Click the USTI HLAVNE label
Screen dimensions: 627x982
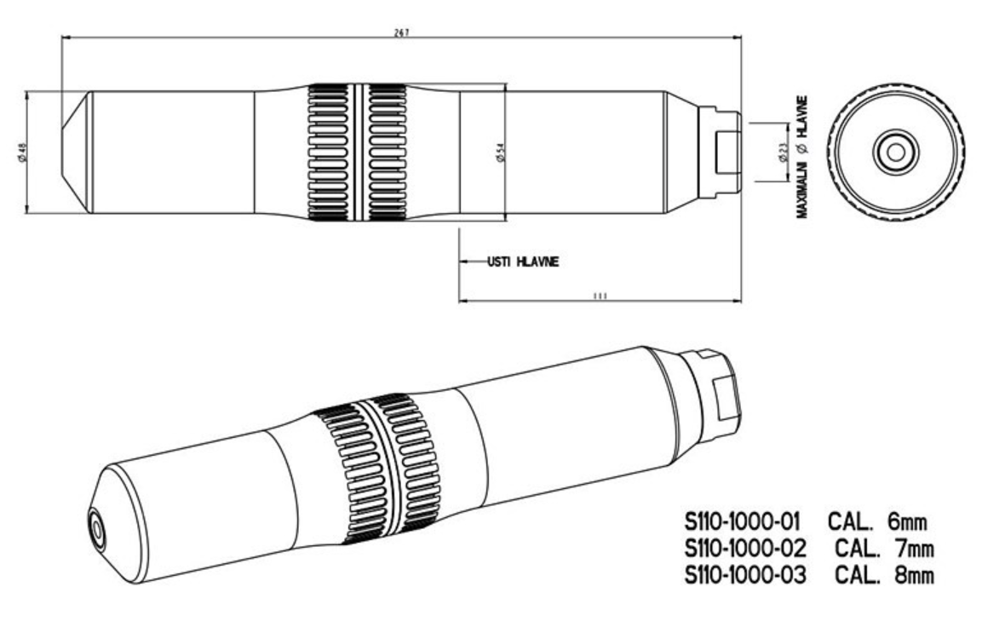click(522, 262)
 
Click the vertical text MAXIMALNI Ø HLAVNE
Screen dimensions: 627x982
click(802, 158)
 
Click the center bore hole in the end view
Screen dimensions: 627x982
click(895, 152)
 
